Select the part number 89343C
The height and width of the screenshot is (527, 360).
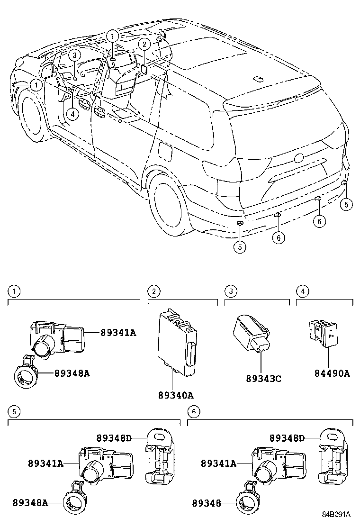pos(263,379)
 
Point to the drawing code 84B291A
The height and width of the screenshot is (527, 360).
pos(336,514)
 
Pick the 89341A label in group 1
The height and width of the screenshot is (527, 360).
pos(118,333)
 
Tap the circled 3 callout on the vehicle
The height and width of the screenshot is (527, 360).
pos(74,55)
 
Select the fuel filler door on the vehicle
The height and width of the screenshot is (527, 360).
pos(165,151)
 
